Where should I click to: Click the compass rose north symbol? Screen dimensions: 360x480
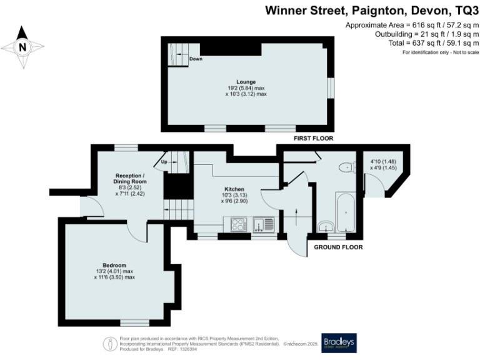point(23,46)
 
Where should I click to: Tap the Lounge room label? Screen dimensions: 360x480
point(246,82)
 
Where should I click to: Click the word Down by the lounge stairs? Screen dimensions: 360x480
point(196,59)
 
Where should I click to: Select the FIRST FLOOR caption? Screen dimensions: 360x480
point(312,138)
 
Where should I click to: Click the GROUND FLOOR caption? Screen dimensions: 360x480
point(338,247)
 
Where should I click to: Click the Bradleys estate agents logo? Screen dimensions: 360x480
point(339,342)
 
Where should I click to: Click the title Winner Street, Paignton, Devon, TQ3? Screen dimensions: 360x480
point(372,10)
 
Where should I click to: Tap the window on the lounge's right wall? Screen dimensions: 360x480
point(331,87)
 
